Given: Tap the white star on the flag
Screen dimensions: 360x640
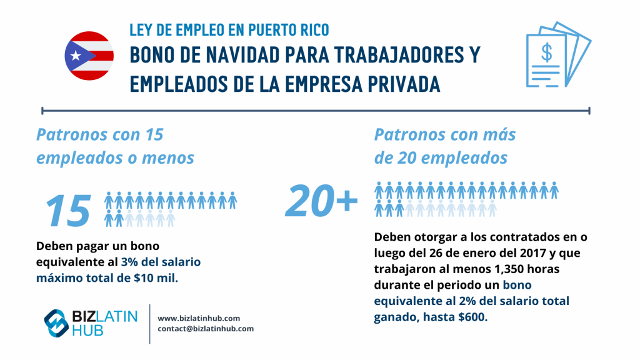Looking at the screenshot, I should tap(76, 56).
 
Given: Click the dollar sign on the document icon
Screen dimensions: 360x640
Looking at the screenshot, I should tap(546, 53).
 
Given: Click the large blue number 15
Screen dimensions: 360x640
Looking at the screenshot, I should tap(68, 210).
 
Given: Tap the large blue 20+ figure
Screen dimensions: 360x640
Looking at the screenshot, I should tap(321, 202).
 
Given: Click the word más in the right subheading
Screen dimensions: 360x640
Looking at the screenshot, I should tap(499, 134).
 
